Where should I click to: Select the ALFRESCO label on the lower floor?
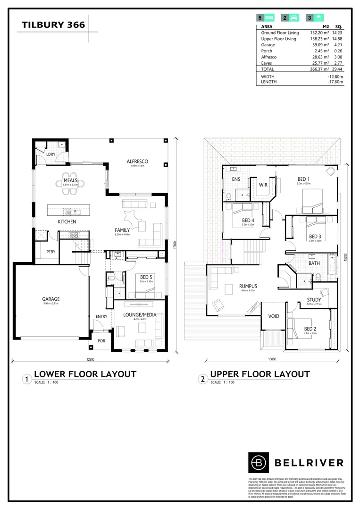click(x=137, y=161)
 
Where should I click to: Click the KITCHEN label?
click(x=67, y=221)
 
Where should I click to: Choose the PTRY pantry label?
click(x=50, y=252)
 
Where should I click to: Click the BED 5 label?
click(x=146, y=277)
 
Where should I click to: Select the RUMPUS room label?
click(x=247, y=286)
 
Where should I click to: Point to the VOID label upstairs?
click(x=274, y=316)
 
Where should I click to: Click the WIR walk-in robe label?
click(x=263, y=185)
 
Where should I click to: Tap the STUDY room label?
click(x=314, y=300)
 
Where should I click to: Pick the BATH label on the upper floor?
click(x=314, y=263)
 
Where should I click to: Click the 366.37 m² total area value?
click(x=319, y=69)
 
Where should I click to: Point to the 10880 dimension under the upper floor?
click(x=272, y=359)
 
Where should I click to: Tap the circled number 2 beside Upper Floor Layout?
click(x=203, y=379)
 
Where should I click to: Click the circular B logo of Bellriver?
click(x=258, y=462)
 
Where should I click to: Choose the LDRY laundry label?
click(x=50, y=155)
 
